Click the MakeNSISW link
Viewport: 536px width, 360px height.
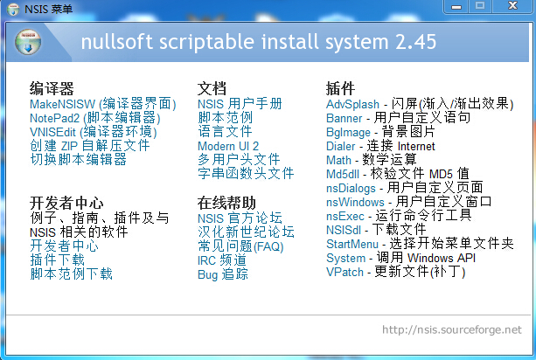point(103,104)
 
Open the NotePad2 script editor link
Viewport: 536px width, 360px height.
point(95,118)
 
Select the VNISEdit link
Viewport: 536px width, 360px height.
point(94,132)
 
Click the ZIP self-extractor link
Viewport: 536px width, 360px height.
point(90,146)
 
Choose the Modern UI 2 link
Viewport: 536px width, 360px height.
point(228,146)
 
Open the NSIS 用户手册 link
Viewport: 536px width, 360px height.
point(240,104)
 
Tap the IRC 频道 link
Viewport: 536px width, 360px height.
point(222,260)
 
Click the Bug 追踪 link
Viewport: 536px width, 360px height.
point(223,274)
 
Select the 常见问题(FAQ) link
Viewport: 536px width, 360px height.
point(240,246)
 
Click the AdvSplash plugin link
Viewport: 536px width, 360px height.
point(352,104)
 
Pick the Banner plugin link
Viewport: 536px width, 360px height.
point(345,118)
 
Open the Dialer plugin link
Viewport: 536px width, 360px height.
point(341,146)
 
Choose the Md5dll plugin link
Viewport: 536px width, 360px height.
point(343,174)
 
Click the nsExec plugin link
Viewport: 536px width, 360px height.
point(345,216)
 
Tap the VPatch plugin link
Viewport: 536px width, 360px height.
point(345,273)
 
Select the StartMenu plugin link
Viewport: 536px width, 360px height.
point(352,244)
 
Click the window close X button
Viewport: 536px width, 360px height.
point(512,6)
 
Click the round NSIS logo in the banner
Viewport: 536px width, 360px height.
point(28,42)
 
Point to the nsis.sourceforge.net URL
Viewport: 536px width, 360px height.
point(452,329)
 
